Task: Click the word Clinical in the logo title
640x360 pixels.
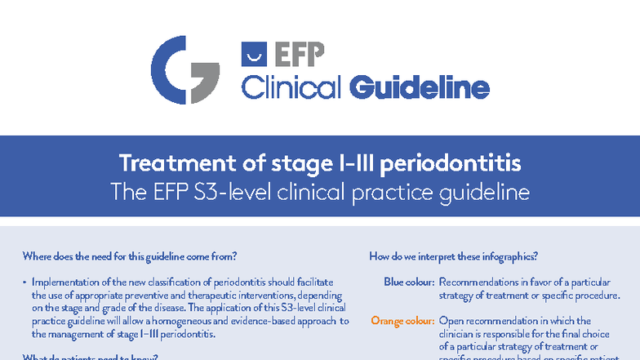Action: tap(291, 87)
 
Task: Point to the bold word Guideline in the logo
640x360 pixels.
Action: tap(420, 87)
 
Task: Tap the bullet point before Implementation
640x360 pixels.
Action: tap(25, 282)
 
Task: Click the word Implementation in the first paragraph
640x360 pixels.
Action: tap(66, 282)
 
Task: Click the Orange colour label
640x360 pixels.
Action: tap(402, 321)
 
